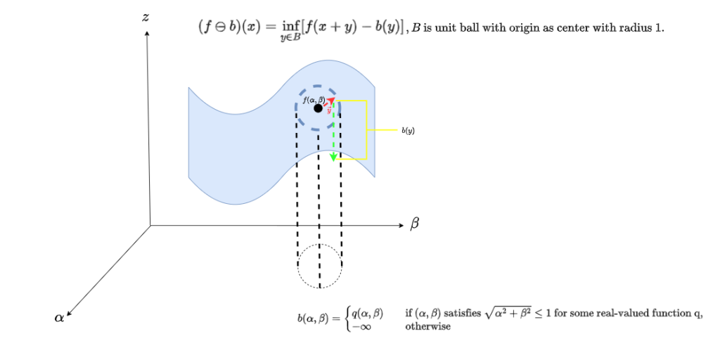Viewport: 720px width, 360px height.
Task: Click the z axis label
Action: tap(145, 18)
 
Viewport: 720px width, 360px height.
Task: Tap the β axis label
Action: tap(414, 224)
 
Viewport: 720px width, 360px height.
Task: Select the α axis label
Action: tap(59, 317)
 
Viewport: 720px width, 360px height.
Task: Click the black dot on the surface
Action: tap(318, 108)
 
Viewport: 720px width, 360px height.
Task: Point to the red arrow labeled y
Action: tap(329, 103)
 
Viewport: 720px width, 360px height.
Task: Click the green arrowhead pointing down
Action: tap(334, 157)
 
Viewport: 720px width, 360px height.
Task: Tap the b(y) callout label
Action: tap(409, 131)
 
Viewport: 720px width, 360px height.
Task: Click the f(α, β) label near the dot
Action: tap(314, 100)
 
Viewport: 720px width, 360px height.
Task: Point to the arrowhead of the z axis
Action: tap(147, 33)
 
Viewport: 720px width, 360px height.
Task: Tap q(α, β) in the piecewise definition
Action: tap(367, 314)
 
